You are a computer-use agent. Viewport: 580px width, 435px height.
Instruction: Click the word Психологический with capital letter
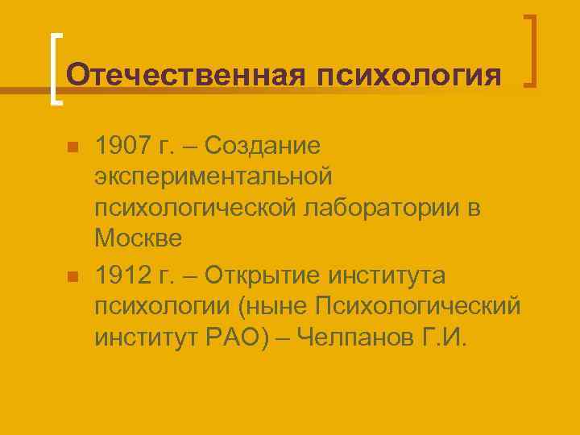[x=418, y=307]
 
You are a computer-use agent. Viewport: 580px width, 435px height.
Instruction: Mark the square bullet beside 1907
[x=72, y=148]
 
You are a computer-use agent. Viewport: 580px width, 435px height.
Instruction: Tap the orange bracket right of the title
[x=532, y=50]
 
